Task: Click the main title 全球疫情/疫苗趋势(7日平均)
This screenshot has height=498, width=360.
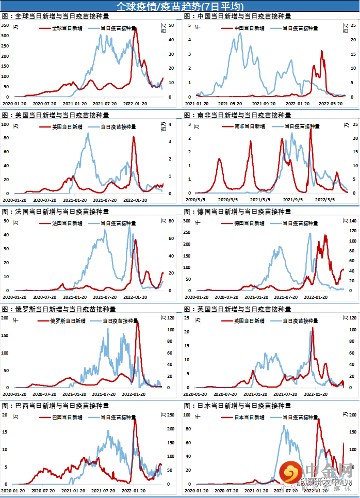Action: [179, 6]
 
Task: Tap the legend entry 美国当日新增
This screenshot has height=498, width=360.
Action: [67, 126]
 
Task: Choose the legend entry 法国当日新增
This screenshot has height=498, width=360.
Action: [67, 223]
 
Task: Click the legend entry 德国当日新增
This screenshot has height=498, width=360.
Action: [249, 223]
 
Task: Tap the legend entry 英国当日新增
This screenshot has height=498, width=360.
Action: [249, 321]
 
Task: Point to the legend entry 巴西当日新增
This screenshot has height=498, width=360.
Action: [67, 417]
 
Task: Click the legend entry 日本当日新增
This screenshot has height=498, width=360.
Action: [249, 417]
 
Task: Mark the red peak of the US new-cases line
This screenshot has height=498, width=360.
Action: [135, 137]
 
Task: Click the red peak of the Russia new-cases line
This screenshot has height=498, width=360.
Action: [137, 322]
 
